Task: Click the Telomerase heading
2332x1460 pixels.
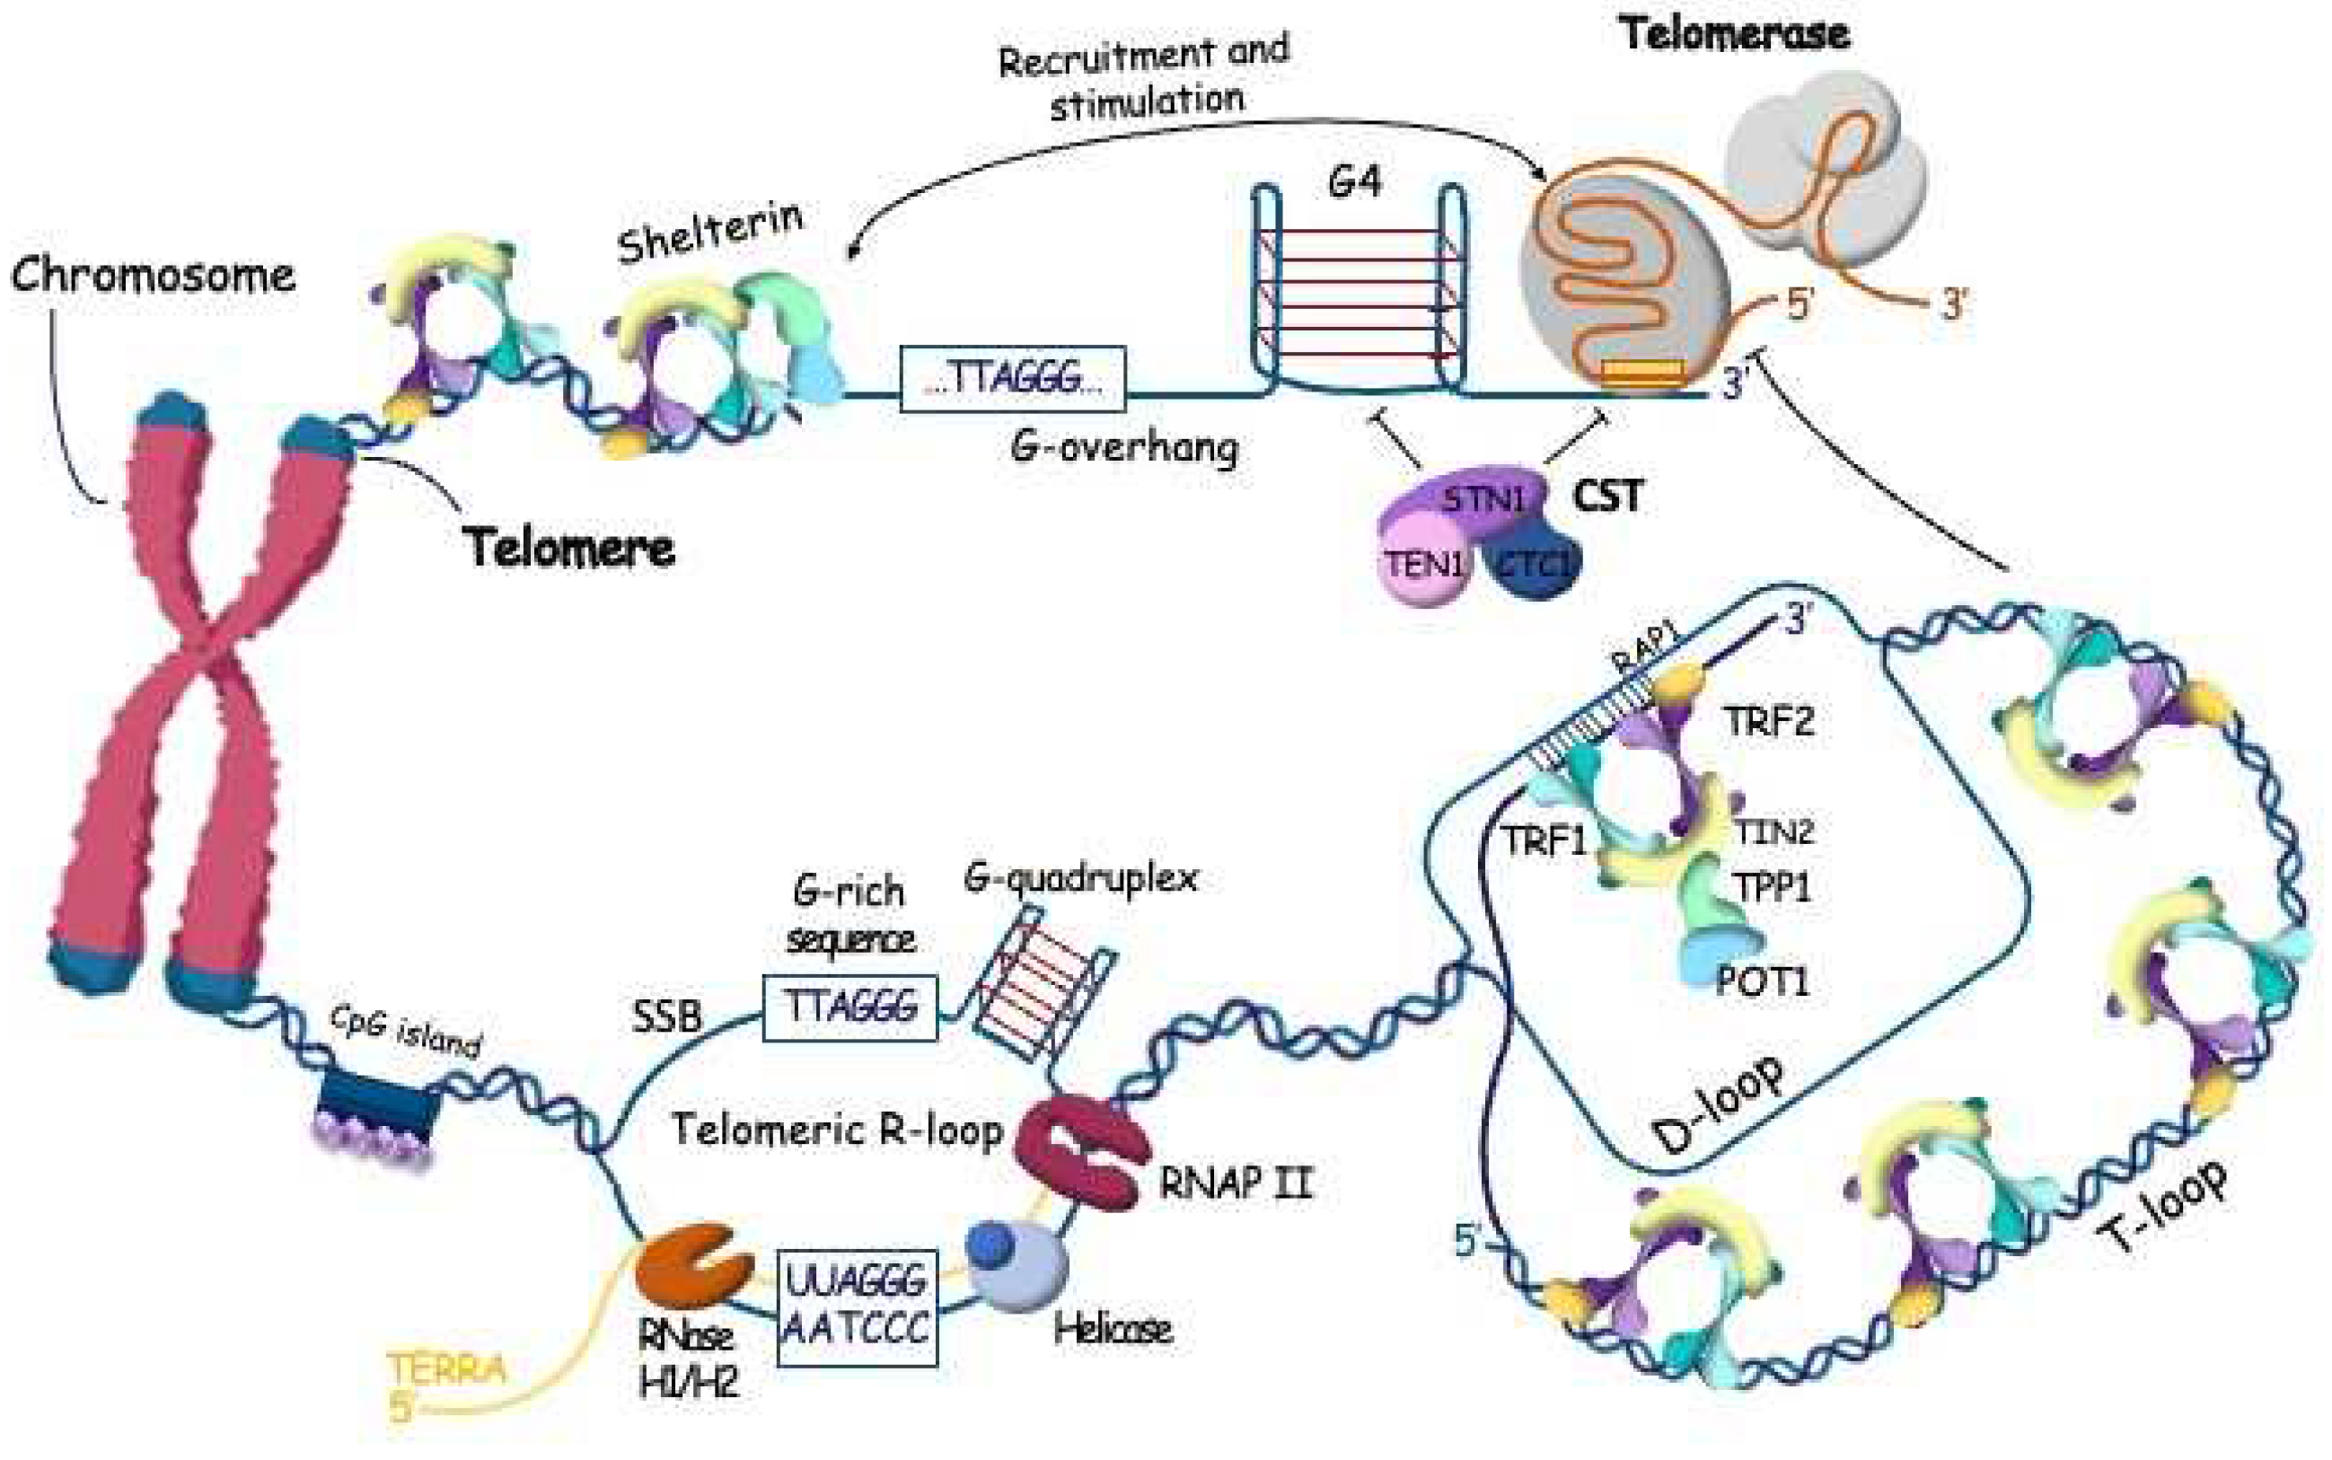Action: (x=1734, y=33)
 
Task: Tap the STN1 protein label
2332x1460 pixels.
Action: (x=1483, y=499)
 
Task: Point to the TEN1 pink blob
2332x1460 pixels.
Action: (x=1422, y=564)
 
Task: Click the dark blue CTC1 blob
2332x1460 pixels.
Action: (x=1536, y=564)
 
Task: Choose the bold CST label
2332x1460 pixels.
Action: (x=1606, y=497)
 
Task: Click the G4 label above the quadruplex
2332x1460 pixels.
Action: (x=1355, y=180)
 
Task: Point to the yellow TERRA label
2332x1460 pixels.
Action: (x=446, y=1368)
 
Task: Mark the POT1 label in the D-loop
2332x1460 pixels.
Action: (x=1763, y=982)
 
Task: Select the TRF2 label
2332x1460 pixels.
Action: (x=1769, y=720)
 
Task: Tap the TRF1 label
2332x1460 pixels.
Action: (x=1543, y=840)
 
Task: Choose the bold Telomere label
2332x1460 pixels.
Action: (x=568, y=548)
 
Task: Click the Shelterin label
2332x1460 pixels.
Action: (x=709, y=232)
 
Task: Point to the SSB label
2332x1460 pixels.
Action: (x=666, y=1016)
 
